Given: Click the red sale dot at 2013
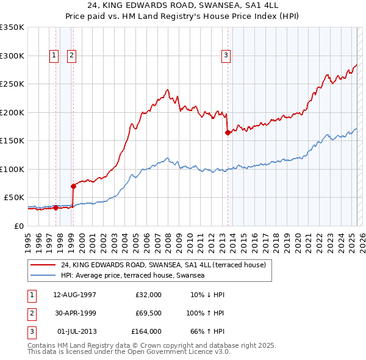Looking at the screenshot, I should coord(228,132).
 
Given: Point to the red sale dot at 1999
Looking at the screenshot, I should coord(73,186).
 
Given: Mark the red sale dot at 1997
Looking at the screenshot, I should coord(56,207).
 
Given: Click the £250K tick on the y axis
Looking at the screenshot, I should coord(12,84).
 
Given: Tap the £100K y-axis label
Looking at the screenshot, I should coord(12,169).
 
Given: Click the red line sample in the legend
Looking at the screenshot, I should coord(43,265).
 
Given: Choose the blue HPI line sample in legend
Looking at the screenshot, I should coord(43,276).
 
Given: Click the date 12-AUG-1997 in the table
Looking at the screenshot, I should coord(74,295).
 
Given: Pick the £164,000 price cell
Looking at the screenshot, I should coord(146,331).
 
